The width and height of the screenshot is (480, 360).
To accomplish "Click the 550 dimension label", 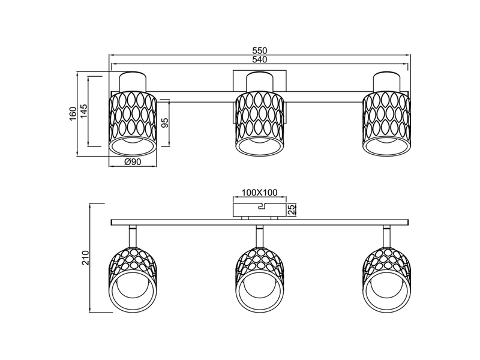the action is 260,50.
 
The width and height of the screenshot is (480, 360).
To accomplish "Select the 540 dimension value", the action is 260,59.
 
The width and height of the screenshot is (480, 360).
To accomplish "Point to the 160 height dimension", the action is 73,113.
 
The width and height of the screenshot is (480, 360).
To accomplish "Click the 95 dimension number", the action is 164,123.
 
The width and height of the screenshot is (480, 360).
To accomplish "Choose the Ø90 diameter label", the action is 133,161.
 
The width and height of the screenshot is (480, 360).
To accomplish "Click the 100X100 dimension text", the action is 260,193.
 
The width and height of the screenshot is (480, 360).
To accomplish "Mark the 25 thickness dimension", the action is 292,209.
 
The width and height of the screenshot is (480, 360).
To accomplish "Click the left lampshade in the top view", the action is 133,124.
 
